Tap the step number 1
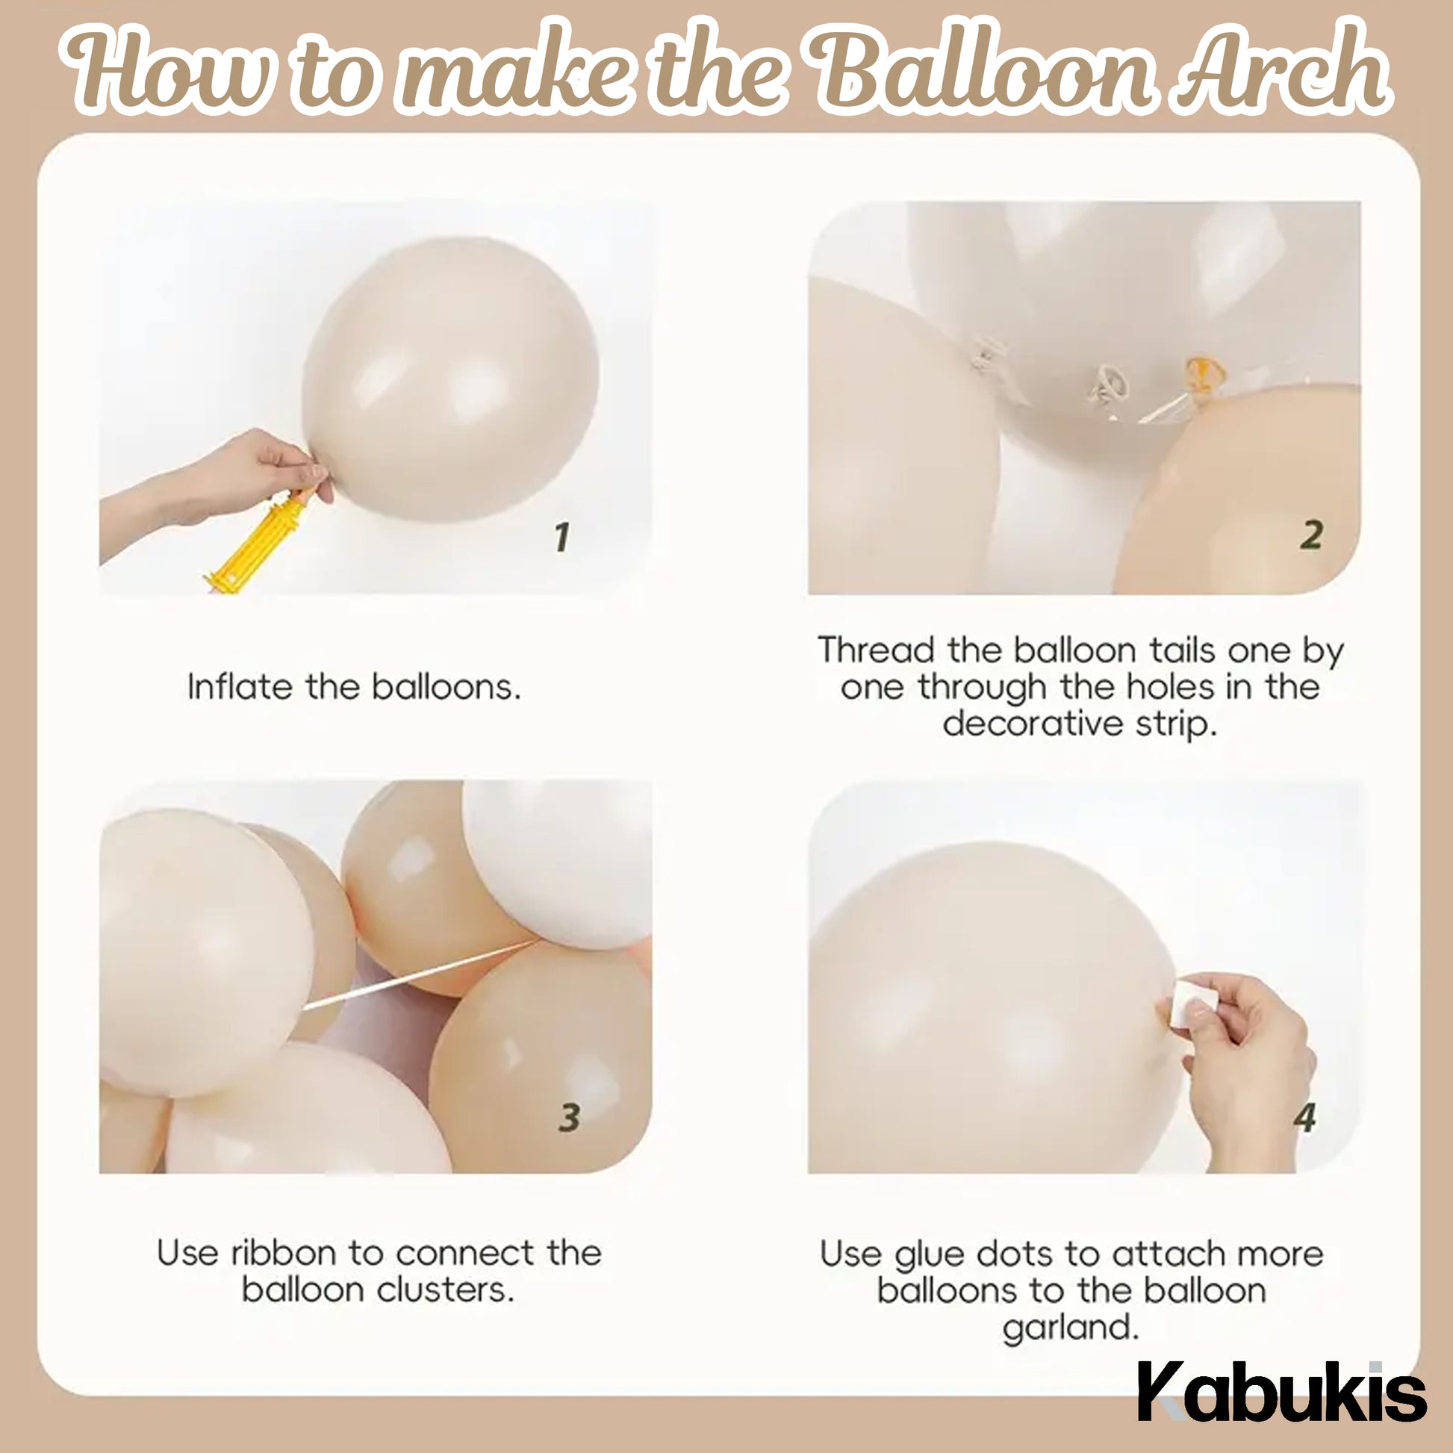tap(561, 537)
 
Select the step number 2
tap(1311, 535)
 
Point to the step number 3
tap(569, 1118)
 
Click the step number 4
tap(1305, 1118)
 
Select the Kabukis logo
tap(1281, 1391)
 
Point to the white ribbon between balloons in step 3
tap(421, 974)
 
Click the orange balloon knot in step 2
tap(1204, 373)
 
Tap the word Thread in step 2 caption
tap(875, 650)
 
